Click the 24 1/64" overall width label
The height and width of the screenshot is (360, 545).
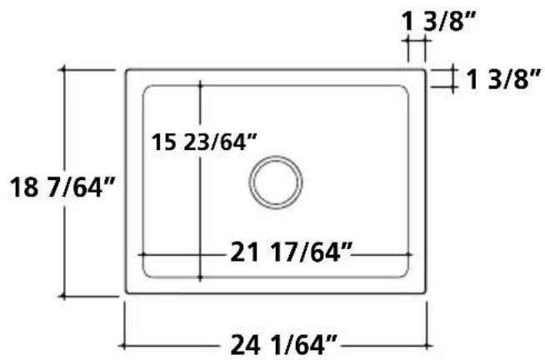(x=283, y=345)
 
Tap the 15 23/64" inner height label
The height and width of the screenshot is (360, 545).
(x=204, y=142)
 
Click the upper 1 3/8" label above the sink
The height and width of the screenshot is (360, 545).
(x=438, y=21)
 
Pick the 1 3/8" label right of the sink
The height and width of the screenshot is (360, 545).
(x=503, y=79)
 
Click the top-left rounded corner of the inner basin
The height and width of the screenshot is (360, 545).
(x=145, y=88)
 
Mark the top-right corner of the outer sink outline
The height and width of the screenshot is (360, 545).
(x=425, y=70)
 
